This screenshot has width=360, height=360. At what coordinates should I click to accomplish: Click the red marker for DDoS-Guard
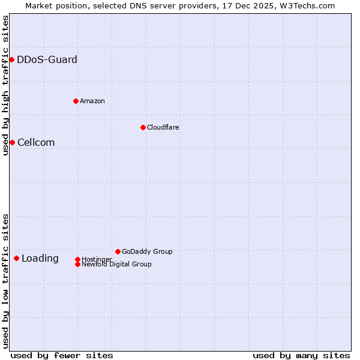coord(11,59)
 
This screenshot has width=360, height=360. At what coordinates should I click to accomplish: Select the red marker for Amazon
coord(76,101)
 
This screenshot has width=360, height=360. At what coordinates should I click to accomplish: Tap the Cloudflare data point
coord(143,127)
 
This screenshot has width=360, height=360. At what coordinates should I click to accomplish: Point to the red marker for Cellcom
coord(12,142)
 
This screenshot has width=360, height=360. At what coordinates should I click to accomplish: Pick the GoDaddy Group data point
coord(118,251)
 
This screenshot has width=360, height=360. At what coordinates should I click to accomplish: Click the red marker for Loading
coord(16,258)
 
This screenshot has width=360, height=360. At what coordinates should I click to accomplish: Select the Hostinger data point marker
coord(77,259)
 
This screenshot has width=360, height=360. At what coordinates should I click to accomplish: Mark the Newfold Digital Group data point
coord(77,264)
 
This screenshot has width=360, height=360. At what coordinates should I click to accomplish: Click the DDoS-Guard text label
coord(47,59)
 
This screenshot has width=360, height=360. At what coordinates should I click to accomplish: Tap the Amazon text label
coord(92,101)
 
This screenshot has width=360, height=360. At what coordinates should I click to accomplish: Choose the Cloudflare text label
coord(163,127)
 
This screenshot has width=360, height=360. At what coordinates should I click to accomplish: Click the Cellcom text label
coord(36,142)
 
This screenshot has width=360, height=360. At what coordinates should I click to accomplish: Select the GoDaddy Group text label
coord(147,251)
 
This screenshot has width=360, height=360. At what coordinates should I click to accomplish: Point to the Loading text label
coord(40,259)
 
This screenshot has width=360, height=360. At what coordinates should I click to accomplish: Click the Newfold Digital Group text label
coord(116,264)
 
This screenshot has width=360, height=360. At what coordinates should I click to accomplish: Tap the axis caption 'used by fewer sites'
coord(62,355)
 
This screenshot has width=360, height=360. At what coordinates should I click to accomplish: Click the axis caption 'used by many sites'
coord(301,355)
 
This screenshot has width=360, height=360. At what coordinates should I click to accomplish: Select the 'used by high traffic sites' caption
coord(5,85)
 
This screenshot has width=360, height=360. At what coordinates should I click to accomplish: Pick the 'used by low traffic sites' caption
coord(5,280)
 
